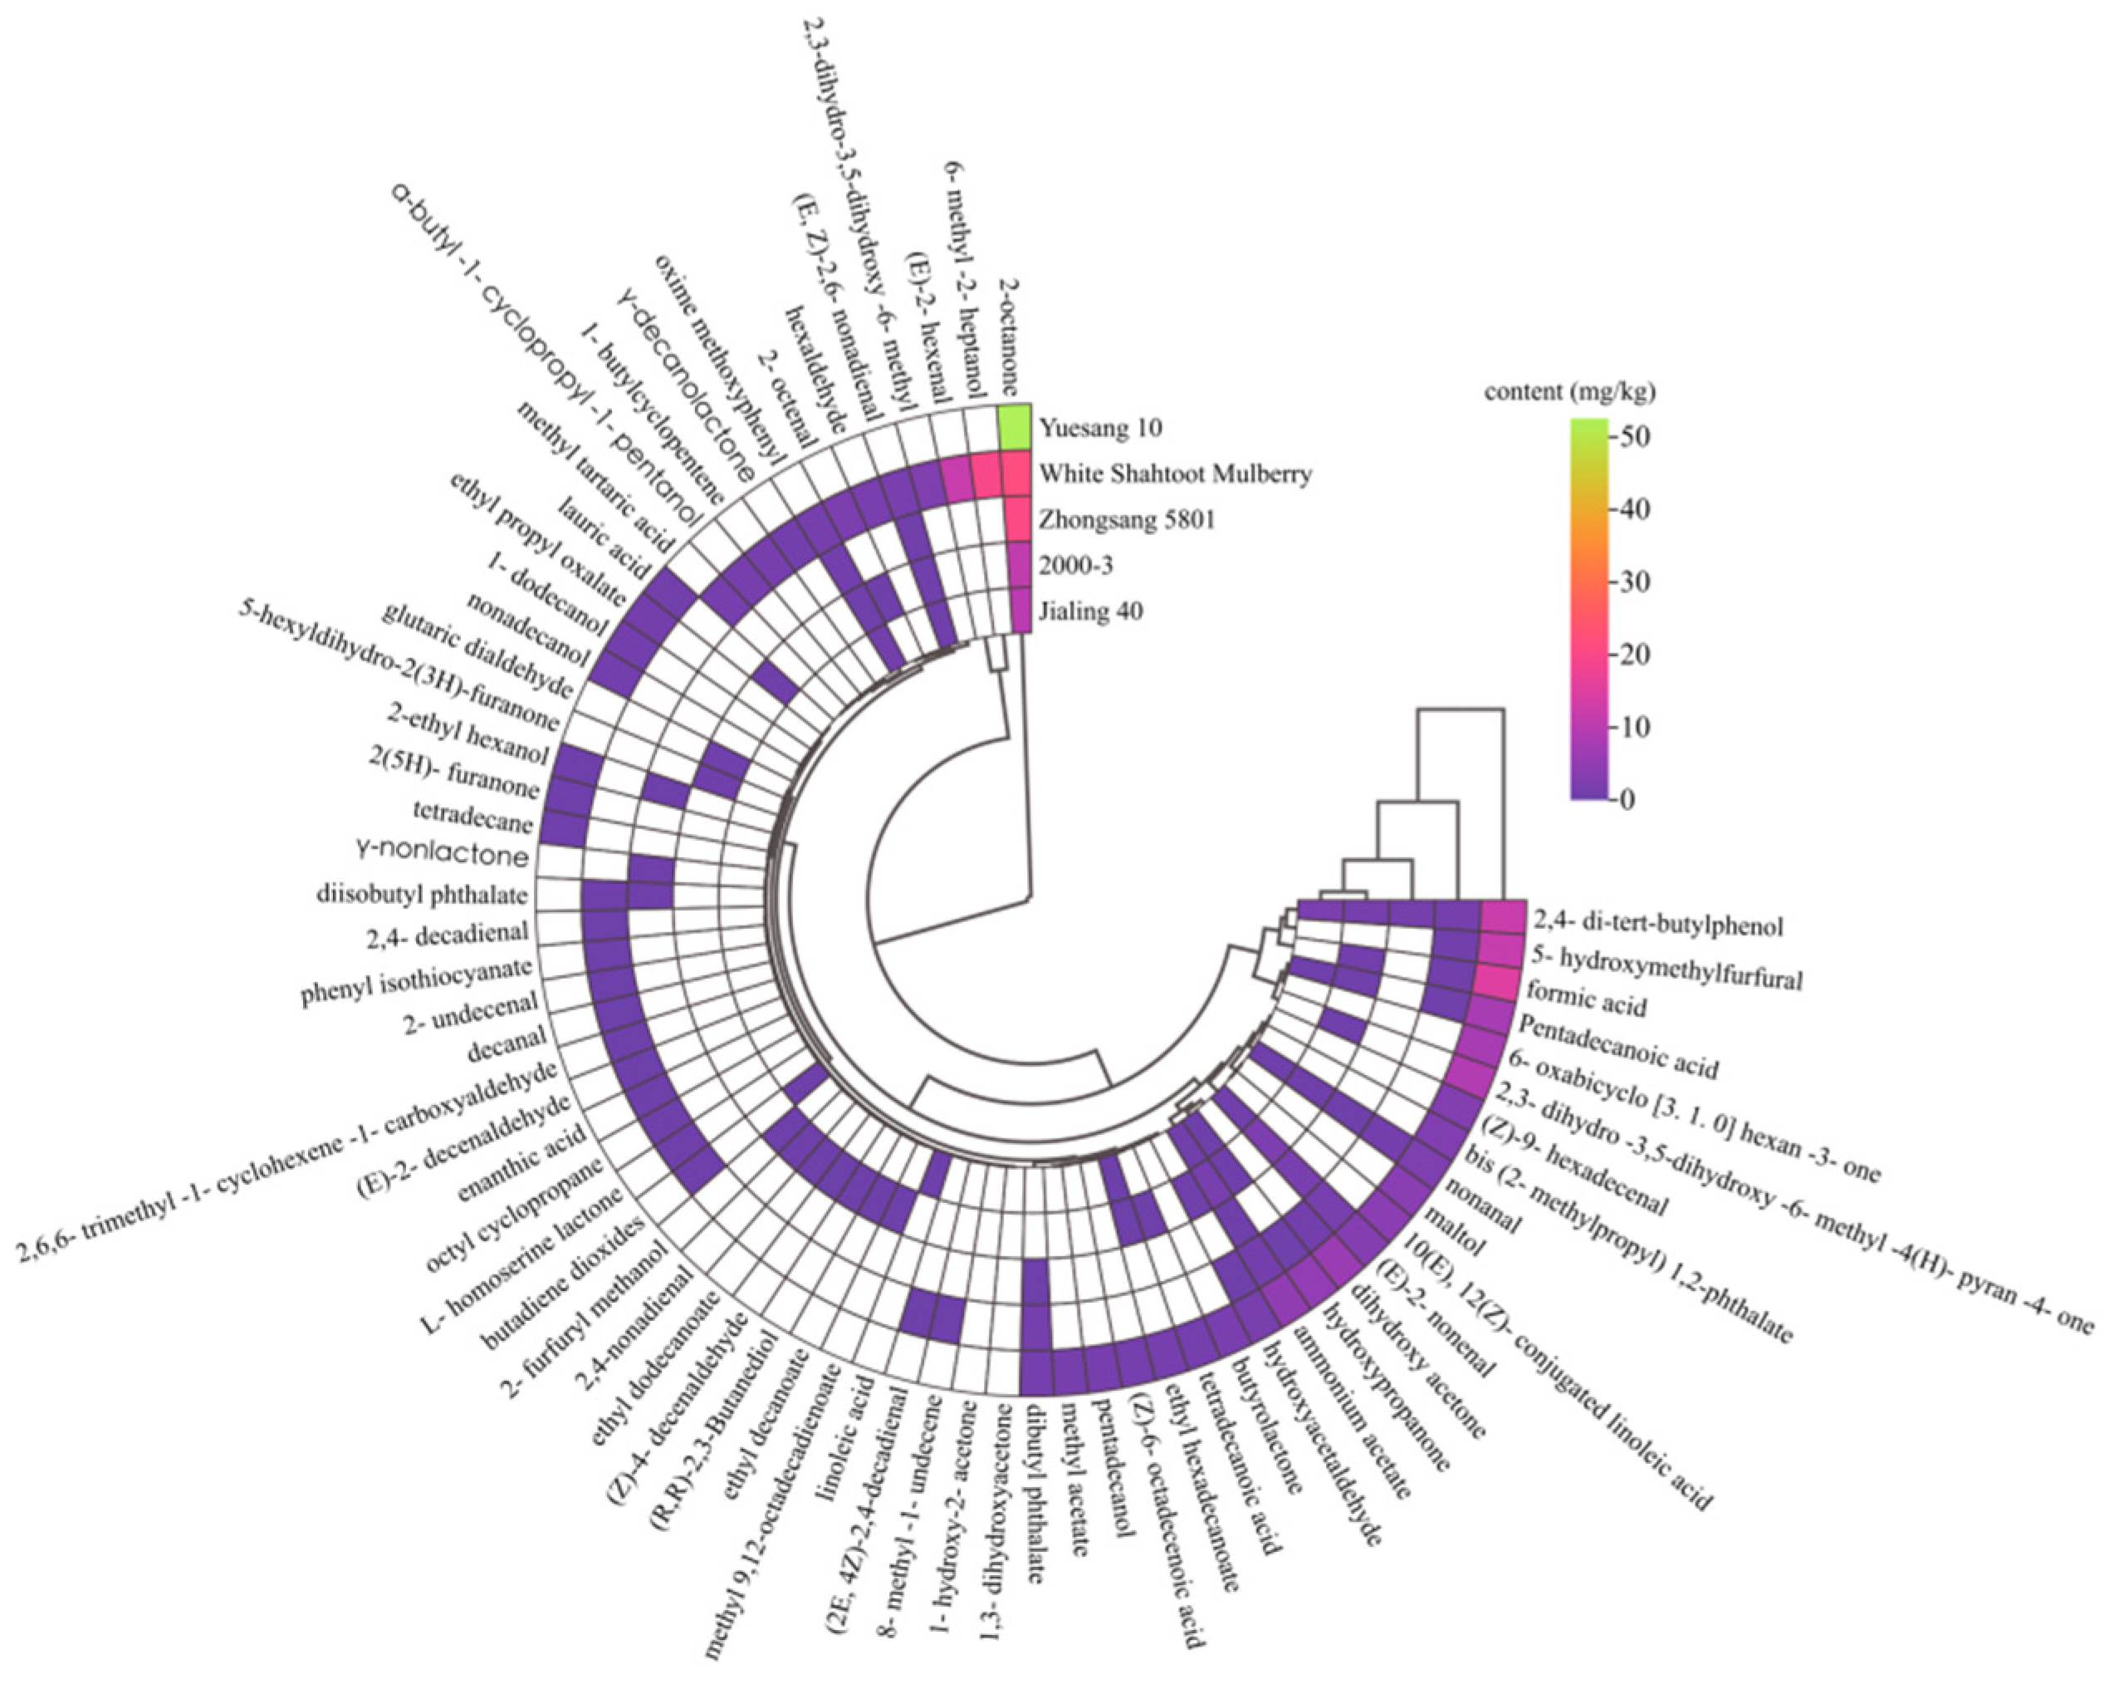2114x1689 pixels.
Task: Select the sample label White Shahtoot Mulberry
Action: [x=1175, y=474]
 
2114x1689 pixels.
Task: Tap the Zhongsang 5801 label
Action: [x=1127, y=520]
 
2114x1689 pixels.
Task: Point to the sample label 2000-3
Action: [x=1075, y=566]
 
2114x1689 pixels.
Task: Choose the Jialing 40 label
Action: [x=1090, y=611]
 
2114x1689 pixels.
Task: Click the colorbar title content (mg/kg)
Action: [x=1568, y=392]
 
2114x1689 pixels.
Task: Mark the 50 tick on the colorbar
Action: [x=1632, y=435]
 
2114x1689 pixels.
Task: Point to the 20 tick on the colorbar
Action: [x=1632, y=654]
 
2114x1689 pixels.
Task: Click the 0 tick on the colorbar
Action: [x=1627, y=799]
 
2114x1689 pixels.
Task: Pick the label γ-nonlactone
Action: [x=443, y=854]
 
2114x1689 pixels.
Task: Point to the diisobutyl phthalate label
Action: [x=422, y=895]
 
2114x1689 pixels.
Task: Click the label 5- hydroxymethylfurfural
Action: [x=1667, y=965]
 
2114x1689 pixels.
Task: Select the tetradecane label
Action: [x=473, y=816]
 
